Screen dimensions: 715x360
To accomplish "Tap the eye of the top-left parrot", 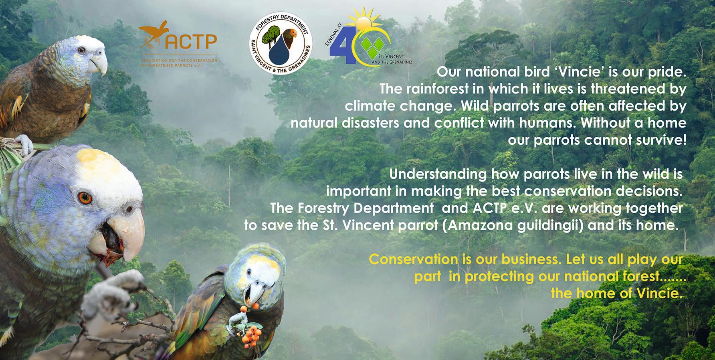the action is coord(82,50).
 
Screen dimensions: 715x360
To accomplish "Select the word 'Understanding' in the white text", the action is coord(438,175).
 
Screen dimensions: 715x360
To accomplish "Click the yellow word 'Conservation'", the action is coord(413,259).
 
